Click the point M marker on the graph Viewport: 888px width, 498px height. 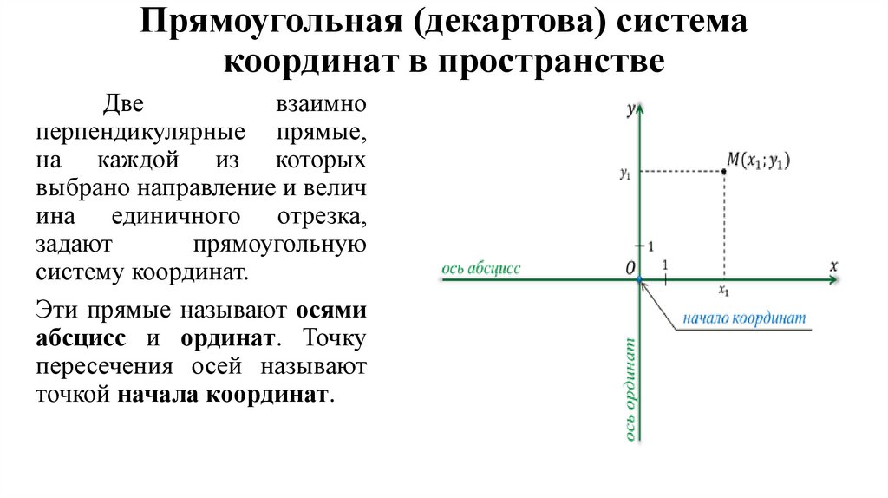pyautogui.click(x=724, y=172)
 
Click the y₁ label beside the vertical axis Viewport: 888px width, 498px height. pyautogui.click(x=624, y=173)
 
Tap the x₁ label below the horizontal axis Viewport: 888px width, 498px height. pyautogui.click(x=724, y=292)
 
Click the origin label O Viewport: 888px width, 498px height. pyautogui.click(x=630, y=268)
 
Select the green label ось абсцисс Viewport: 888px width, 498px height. pyautogui.click(x=481, y=268)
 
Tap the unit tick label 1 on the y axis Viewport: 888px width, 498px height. pyautogui.click(x=650, y=247)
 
